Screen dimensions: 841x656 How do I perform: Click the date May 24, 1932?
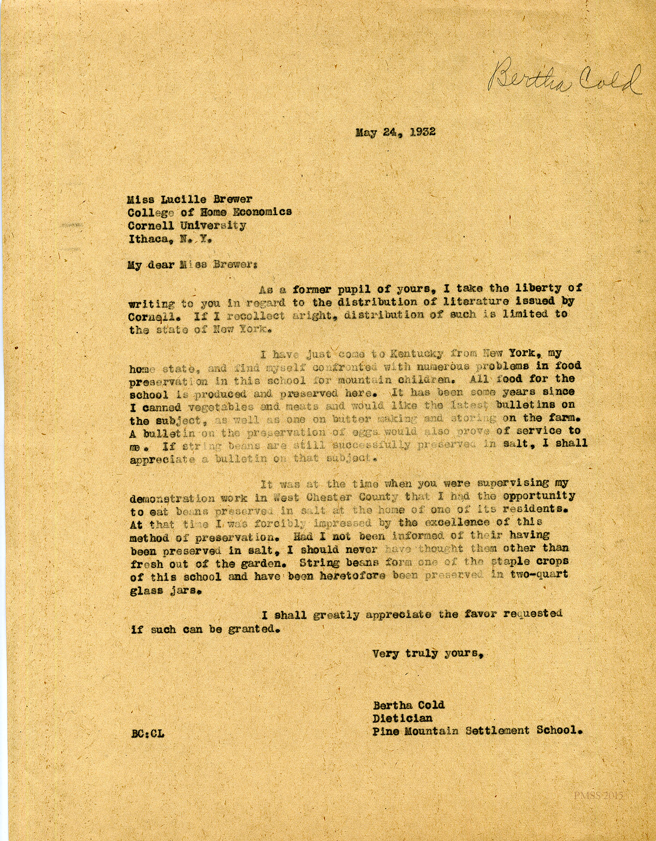pyautogui.click(x=395, y=132)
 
